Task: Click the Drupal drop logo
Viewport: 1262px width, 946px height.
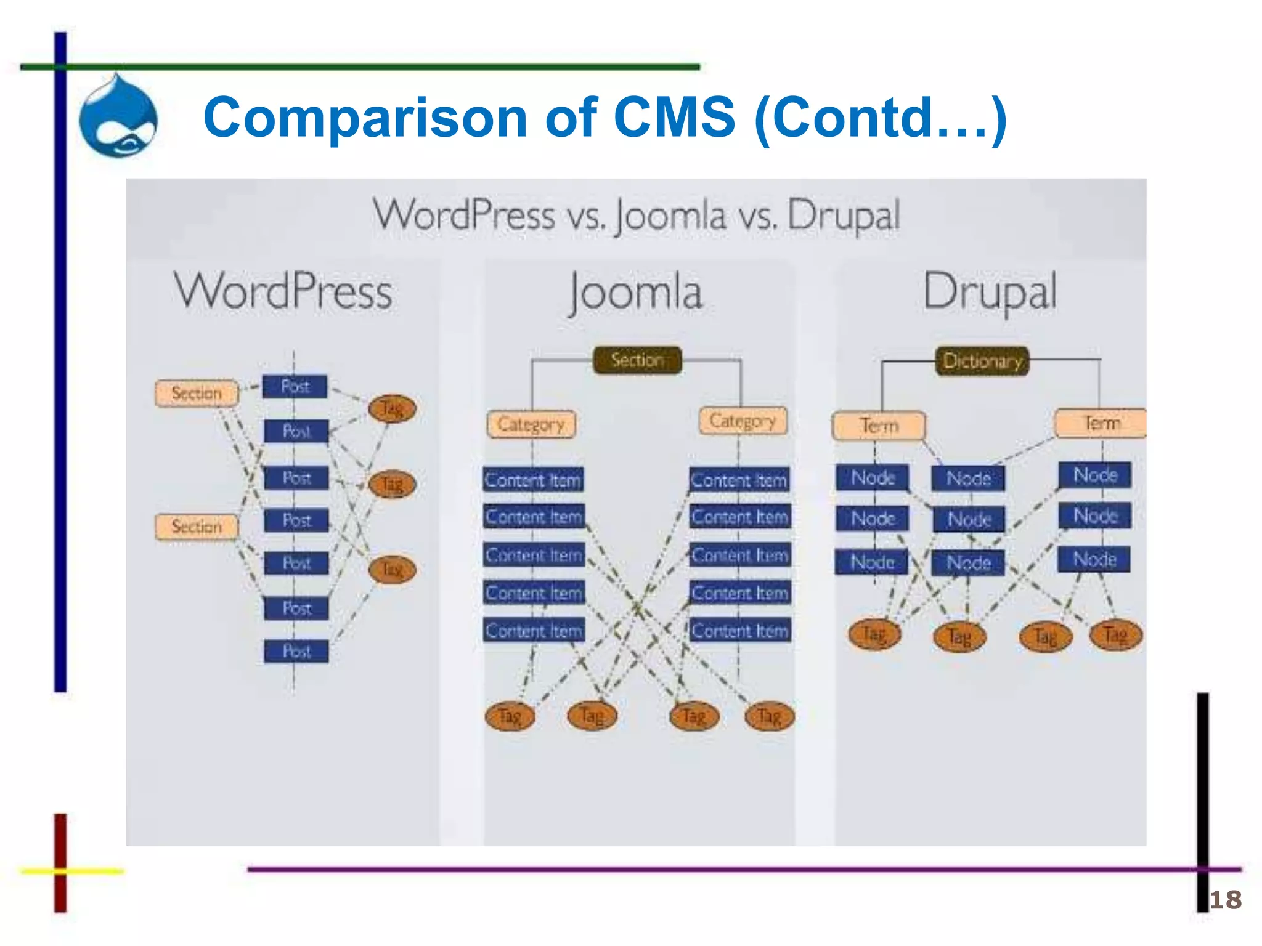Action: pyautogui.click(x=118, y=117)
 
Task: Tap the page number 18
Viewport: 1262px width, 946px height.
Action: pyautogui.click(x=1225, y=900)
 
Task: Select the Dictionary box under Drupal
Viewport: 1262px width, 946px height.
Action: pyautogui.click(x=982, y=361)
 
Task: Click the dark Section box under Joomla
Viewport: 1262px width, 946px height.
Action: pyautogui.click(x=637, y=360)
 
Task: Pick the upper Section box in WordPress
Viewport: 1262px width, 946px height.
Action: pyautogui.click(x=197, y=393)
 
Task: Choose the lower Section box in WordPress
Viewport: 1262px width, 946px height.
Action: pyautogui.click(x=197, y=527)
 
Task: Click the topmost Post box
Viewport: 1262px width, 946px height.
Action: pyautogui.click(x=295, y=387)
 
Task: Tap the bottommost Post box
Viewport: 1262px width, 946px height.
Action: pyautogui.click(x=296, y=651)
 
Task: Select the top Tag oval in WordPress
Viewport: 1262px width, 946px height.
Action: pyautogui.click(x=392, y=408)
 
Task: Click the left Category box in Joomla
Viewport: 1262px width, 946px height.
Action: pyautogui.click(x=531, y=424)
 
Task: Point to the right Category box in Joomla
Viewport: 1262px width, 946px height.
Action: pyautogui.click(x=743, y=421)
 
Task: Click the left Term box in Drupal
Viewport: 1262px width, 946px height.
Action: pyautogui.click(x=879, y=426)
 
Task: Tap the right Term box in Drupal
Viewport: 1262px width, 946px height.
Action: pyautogui.click(x=1101, y=423)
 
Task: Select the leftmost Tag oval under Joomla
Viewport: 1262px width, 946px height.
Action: pyautogui.click(x=510, y=716)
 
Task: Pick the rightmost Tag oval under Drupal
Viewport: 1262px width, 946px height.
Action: pyautogui.click(x=1115, y=634)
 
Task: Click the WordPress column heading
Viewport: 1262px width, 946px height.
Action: pyautogui.click(x=283, y=291)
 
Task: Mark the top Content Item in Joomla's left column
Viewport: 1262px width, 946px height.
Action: pyautogui.click(x=533, y=480)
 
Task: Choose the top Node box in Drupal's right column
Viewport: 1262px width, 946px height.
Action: pyautogui.click(x=1095, y=475)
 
